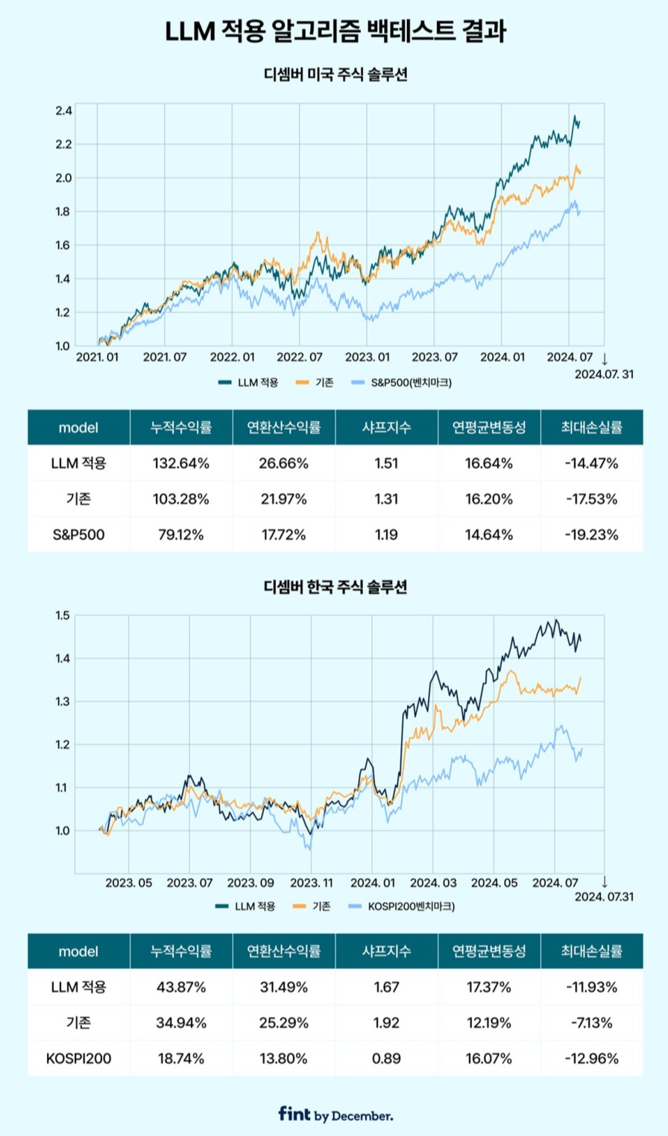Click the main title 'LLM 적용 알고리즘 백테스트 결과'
[334, 32]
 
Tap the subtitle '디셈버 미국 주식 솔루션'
[334, 74]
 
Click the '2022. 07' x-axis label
[300, 358]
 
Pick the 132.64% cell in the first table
[180, 463]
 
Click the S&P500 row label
[78, 534]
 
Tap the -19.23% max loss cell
[591, 534]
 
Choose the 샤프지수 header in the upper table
[387, 428]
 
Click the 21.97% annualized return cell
[283, 499]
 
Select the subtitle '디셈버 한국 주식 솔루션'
[334, 587]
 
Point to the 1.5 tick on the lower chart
[63, 615]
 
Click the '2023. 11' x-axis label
[312, 883]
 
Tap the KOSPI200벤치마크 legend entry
[402, 907]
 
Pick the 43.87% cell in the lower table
[180, 987]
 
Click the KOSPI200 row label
[78, 1059]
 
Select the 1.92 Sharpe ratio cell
[387, 1023]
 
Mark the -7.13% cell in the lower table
[591, 1023]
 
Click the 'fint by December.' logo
[335, 1114]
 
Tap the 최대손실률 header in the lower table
[591, 951]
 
